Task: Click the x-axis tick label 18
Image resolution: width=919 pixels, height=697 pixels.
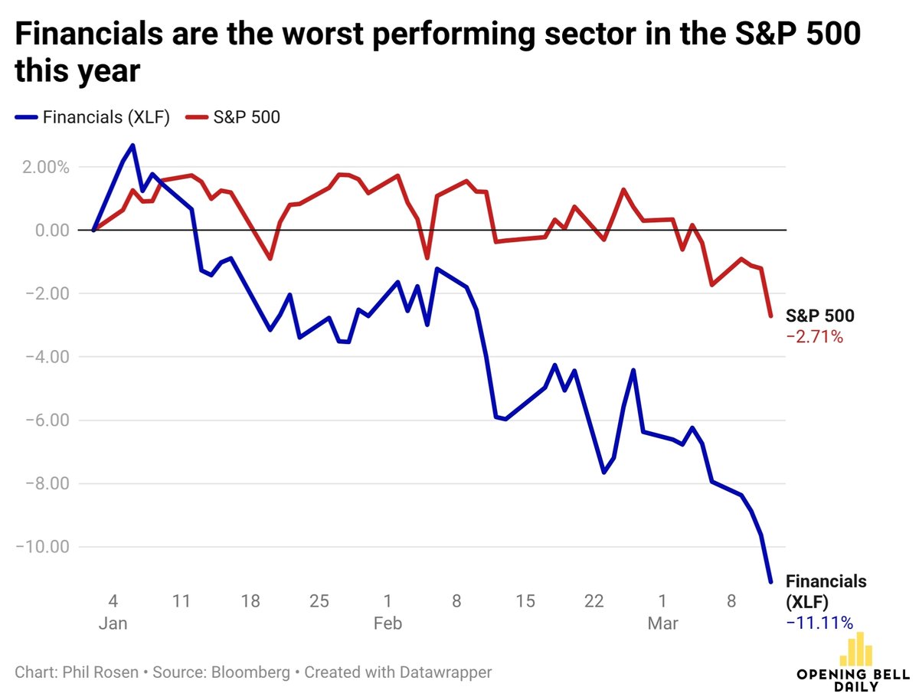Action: point(250,600)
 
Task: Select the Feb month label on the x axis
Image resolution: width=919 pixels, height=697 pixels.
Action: point(388,623)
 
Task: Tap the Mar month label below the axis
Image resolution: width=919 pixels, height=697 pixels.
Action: point(662,623)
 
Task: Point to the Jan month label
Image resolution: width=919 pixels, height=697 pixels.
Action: point(113,623)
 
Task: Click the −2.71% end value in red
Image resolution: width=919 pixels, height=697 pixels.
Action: point(814,335)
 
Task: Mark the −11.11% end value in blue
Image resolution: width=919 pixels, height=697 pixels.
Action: point(819,623)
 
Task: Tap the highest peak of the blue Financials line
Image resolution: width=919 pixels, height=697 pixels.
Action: point(132,145)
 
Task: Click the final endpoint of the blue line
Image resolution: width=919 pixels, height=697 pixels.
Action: point(770,582)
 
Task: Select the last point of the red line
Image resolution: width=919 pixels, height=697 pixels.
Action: point(770,316)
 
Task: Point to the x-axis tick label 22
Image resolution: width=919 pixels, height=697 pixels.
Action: point(594,600)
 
